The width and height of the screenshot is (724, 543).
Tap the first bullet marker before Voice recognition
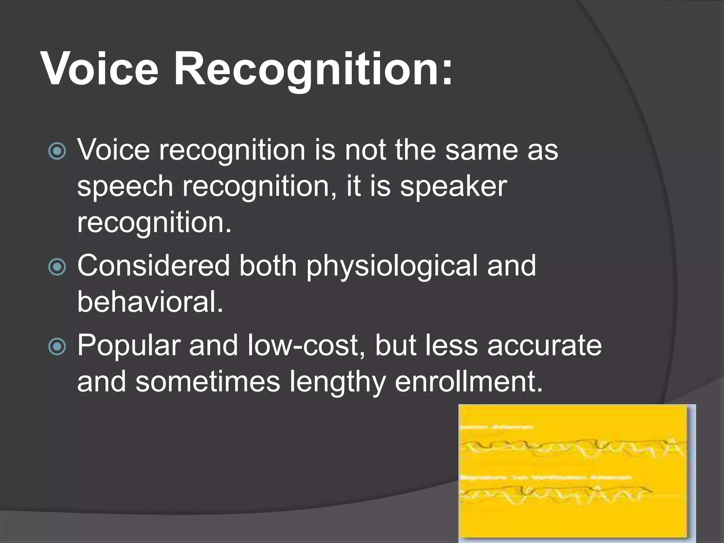(57, 151)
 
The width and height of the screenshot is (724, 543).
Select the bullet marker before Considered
(57, 267)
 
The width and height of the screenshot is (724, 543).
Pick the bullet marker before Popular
(57, 346)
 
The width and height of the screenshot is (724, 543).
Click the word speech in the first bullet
(125, 187)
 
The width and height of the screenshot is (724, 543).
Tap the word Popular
(129, 346)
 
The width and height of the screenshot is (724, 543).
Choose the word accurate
(544, 346)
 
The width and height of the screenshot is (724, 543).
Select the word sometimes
(208, 382)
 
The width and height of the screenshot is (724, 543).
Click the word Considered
(153, 266)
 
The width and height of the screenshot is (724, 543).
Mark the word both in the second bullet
(268, 266)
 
